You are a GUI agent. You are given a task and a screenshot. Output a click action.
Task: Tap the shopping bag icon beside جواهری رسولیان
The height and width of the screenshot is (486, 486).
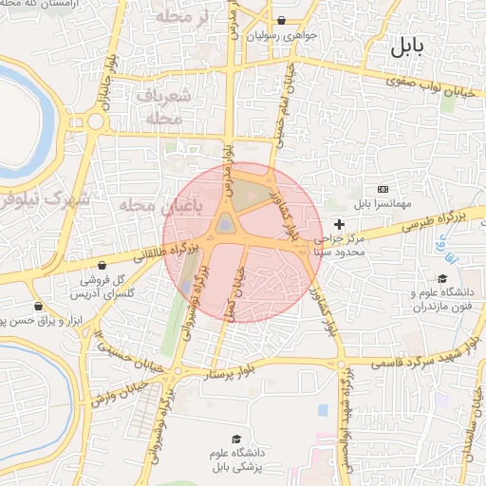point(282,21)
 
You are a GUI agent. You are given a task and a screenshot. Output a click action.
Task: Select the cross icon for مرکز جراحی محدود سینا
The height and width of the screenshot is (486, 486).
point(340,222)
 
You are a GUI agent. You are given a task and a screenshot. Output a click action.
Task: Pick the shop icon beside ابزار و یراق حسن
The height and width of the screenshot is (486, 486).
point(37,306)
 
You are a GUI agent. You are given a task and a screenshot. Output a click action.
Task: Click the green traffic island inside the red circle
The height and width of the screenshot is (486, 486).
point(226,223)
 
